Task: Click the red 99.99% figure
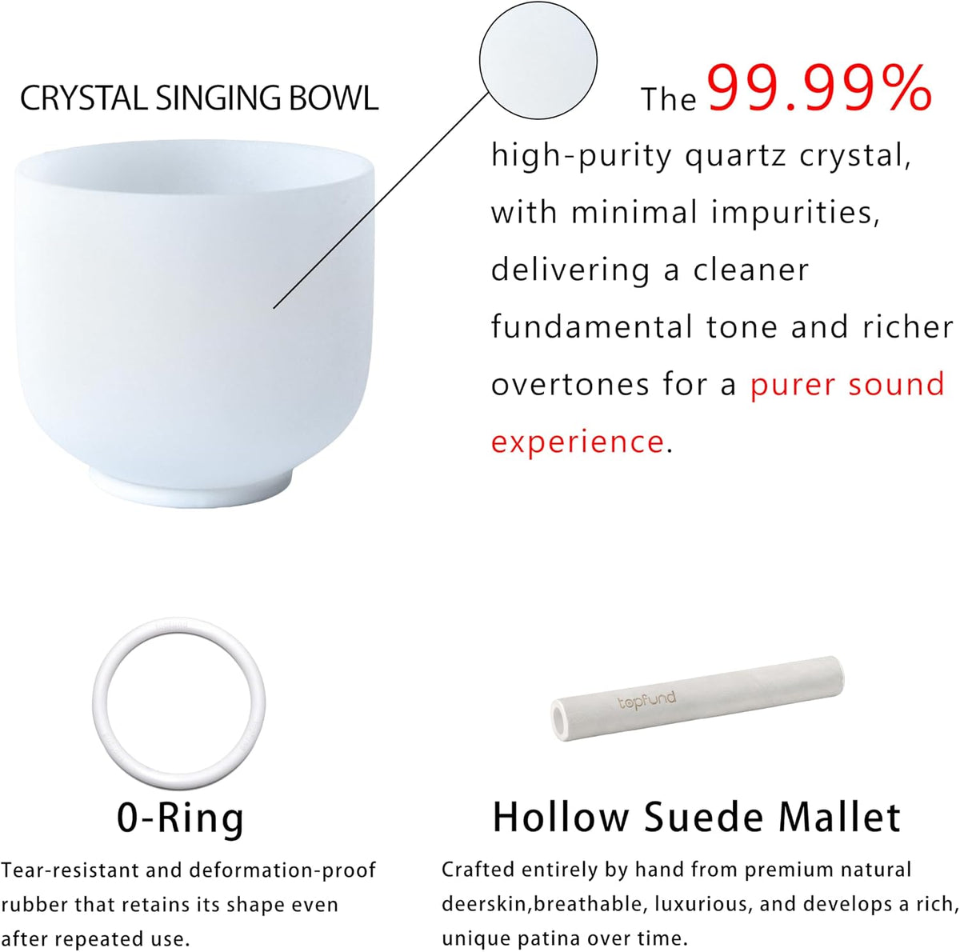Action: pyautogui.click(x=819, y=89)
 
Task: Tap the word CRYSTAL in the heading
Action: pyautogui.click(x=84, y=98)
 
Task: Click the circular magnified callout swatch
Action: pyautogui.click(x=538, y=60)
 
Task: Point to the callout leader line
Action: pyautogui.click(x=380, y=200)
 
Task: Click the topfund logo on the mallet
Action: pyautogui.click(x=646, y=700)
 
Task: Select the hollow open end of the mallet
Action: pyautogui.click(x=561, y=720)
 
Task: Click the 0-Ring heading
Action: pyautogui.click(x=180, y=818)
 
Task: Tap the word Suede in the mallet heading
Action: pyautogui.click(x=703, y=818)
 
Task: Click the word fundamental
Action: pyautogui.click(x=592, y=327)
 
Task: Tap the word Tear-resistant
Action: pyautogui.click(x=67, y=870)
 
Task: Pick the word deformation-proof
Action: pyautogui.click(x=282, y=871)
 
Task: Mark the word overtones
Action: pyautogui.click(x=570, y=385)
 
